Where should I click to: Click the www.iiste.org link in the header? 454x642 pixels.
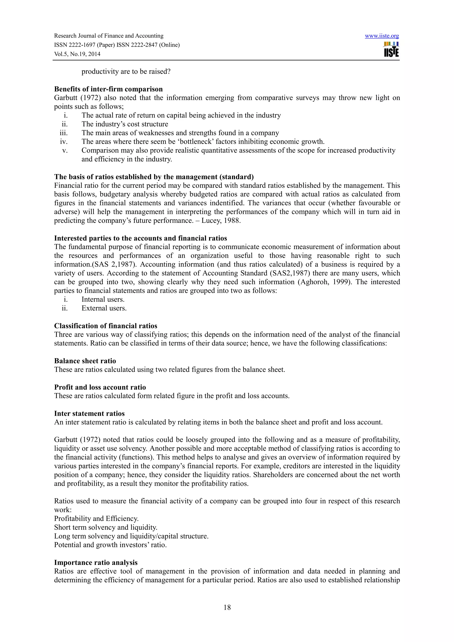tap(382, 36)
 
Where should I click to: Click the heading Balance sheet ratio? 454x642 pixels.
tap(85, 361)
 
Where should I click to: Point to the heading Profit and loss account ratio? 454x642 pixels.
tap(100, 387)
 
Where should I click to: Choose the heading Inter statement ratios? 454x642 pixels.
tap(89, 413)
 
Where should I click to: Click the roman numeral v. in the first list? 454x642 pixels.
tap(65, 150)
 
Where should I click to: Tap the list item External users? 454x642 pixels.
tap(104, 308)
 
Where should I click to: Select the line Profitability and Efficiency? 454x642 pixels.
tap(96, 518)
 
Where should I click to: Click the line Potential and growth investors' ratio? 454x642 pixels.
tap(110, 545)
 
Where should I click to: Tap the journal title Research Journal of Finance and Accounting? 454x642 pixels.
tap(109, 36)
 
